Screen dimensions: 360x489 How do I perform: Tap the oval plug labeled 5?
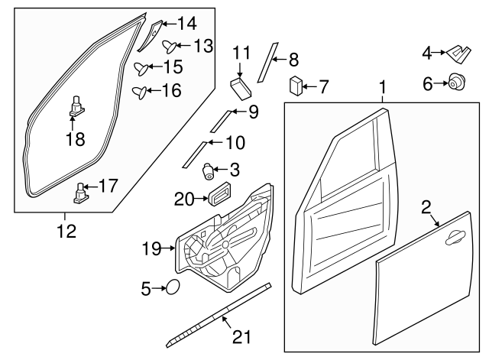(173, 287)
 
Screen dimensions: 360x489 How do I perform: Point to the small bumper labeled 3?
(207, 170)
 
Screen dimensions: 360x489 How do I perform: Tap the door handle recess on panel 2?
(456, 238)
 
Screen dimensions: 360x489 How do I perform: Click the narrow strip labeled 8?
(266, 62)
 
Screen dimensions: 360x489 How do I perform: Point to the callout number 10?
(235, 141)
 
